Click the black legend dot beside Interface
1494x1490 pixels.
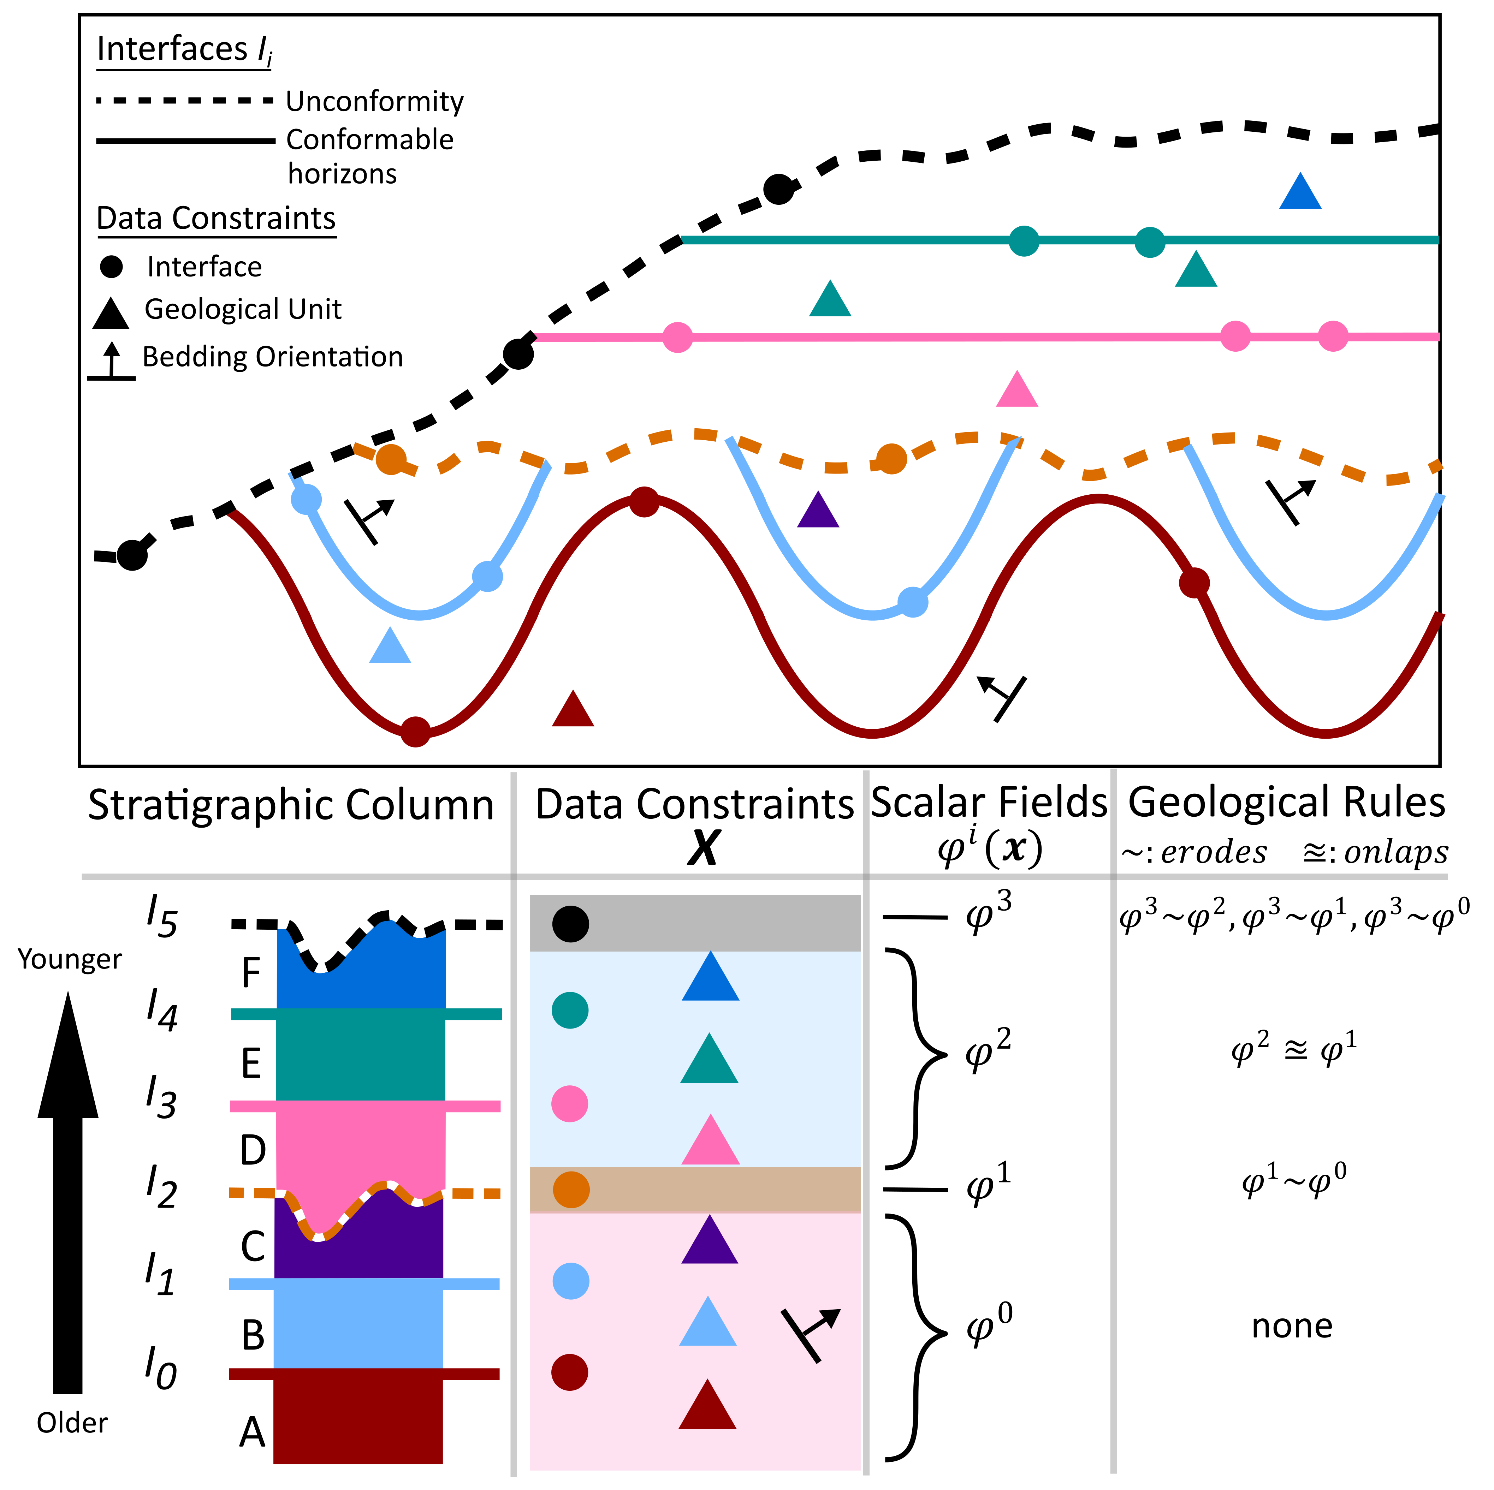pyautogui.click(x=111, y=268)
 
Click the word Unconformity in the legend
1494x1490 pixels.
pyautogui.click(x=374, y=101)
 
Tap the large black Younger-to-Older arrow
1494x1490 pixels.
pyautogui.click(x=68, y=1198)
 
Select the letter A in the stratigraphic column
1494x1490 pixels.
pyautogui.click(x=252, y=1433)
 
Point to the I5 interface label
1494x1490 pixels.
pyautogui.click(x=162, y=918)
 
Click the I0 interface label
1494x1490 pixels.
pyautogui.click(x=161, y=1369)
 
